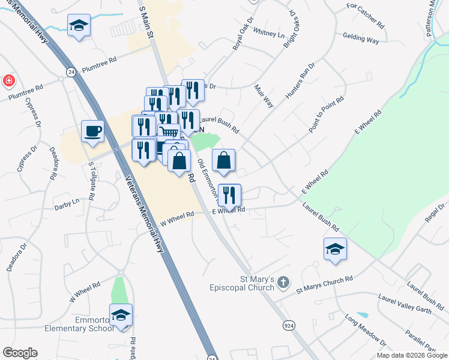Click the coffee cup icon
pos(92,131)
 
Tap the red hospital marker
pos(8,80)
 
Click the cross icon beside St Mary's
pos(284,281)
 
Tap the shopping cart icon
pos(169,133)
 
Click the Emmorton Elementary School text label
pos(78,324)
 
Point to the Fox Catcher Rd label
pos(365,16)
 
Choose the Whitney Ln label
pos(269,34)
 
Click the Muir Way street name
pos(264,96)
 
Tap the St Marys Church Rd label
pos(325,284)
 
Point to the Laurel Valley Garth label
pos(405,303)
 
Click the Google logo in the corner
pos(20,353)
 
